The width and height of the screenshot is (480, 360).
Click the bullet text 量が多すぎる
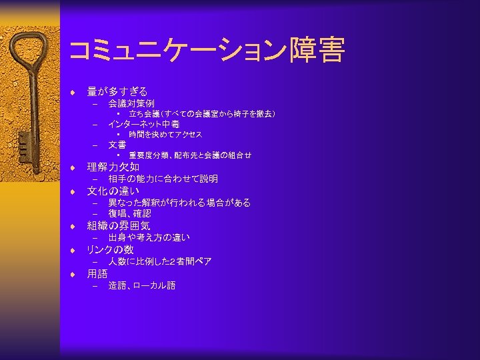pyautogui.click(x=117, y=91)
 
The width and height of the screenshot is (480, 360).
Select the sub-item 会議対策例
pyautogui.click(x=131, y=103)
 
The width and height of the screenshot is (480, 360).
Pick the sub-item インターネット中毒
pyautogui.click(x=144, y=124)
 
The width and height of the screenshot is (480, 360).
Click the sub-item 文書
pyautogui.click(x=117, y=144)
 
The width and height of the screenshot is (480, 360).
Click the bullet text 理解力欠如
pyautogui.click(x=113, y=167)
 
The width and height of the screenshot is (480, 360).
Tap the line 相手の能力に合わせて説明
pyautogui.click(x=163, y=179)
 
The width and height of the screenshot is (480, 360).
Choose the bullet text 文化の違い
pyautogui.click(x=113, y=191)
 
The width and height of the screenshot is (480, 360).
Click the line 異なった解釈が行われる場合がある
pyautogui.click(x=180, y=203)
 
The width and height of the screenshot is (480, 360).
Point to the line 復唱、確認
pyautogui.click(x=130, y=213)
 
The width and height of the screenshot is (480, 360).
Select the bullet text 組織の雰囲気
pyautogui.click(x=119, y=225)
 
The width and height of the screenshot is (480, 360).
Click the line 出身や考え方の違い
pyautogui.click(x=149, y=237)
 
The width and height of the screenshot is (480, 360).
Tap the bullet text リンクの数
pyautogui.click(x=111, y=249)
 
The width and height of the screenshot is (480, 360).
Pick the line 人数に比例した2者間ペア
pyautogui.click(x=160, y=261)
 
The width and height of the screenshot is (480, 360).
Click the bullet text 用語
pyautogui.click(x=97, y=273)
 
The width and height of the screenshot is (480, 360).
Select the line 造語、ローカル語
pyautogui.click(x=142, y=285)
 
